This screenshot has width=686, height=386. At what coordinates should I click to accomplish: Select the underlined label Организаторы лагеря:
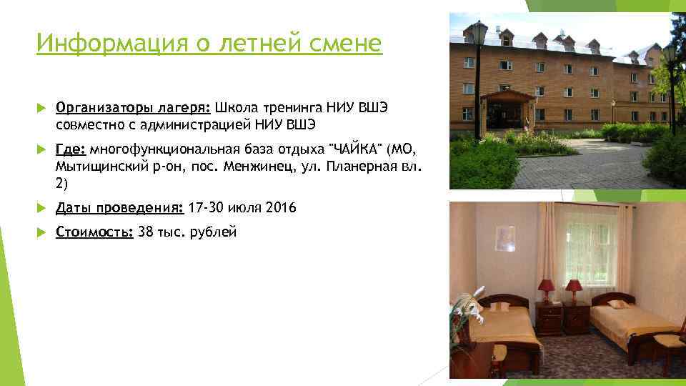[133, 108]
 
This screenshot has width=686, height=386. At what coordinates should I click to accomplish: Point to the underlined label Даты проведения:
[119, 208]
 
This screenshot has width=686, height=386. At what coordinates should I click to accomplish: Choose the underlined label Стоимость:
[94, 232]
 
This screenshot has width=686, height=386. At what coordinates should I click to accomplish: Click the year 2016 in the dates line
[280, 208]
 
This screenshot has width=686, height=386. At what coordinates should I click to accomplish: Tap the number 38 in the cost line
[145, 232]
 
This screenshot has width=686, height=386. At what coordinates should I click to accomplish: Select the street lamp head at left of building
[477, 32]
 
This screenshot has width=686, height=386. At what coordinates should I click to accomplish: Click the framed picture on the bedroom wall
[505, 238]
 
